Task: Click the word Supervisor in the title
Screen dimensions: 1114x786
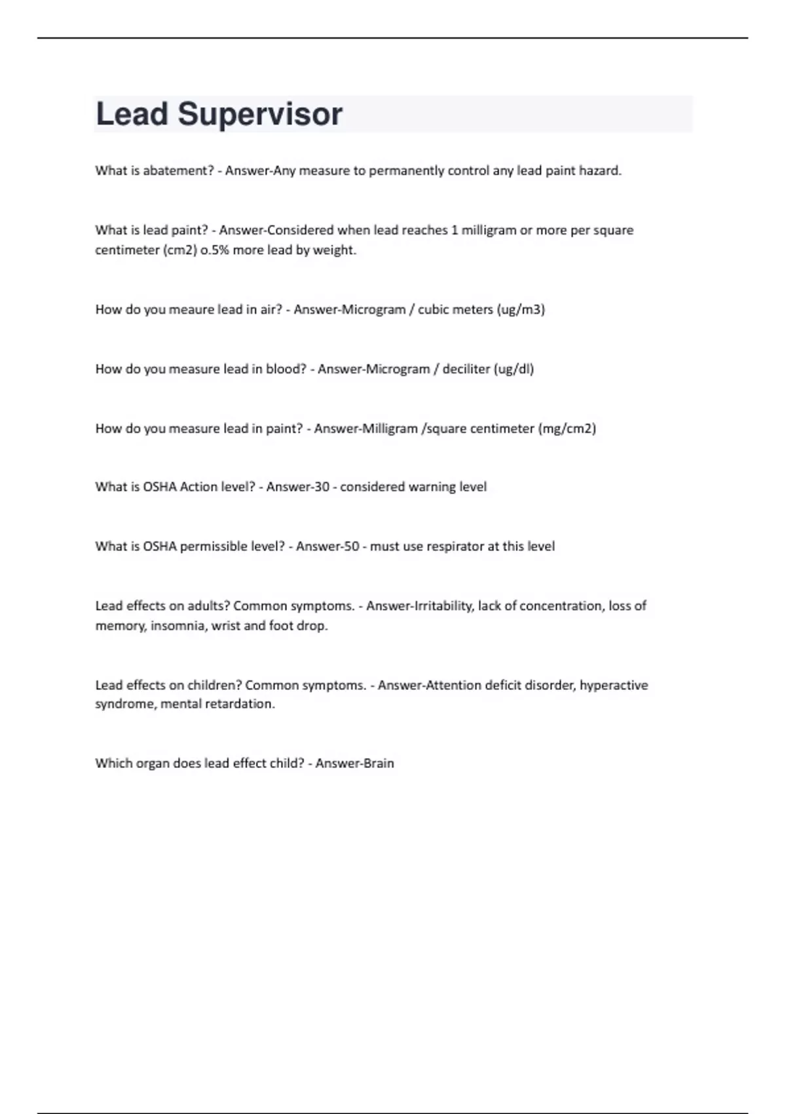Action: pyautogui.click(x=260, y=115)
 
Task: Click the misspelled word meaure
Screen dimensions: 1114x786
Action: pyautogui.click(x=191, y=310)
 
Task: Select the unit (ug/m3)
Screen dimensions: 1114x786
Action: pyautogui.click(x=521, y=310)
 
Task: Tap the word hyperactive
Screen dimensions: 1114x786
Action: pyautogui.click(x=614, y=685)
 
